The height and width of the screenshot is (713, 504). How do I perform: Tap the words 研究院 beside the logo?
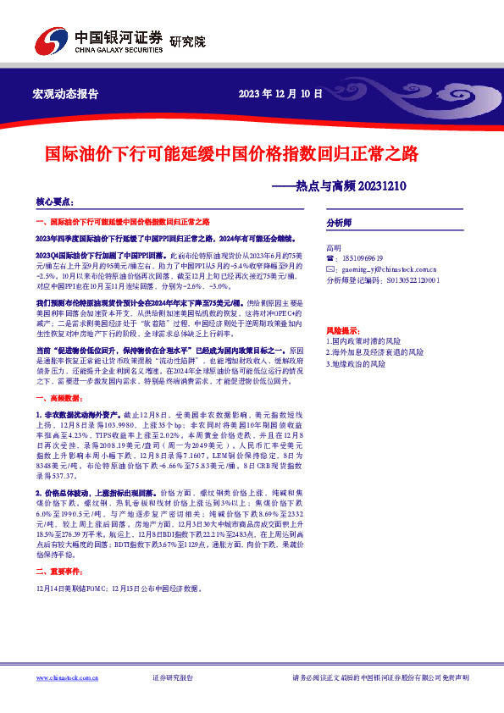tap(187, 42)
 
